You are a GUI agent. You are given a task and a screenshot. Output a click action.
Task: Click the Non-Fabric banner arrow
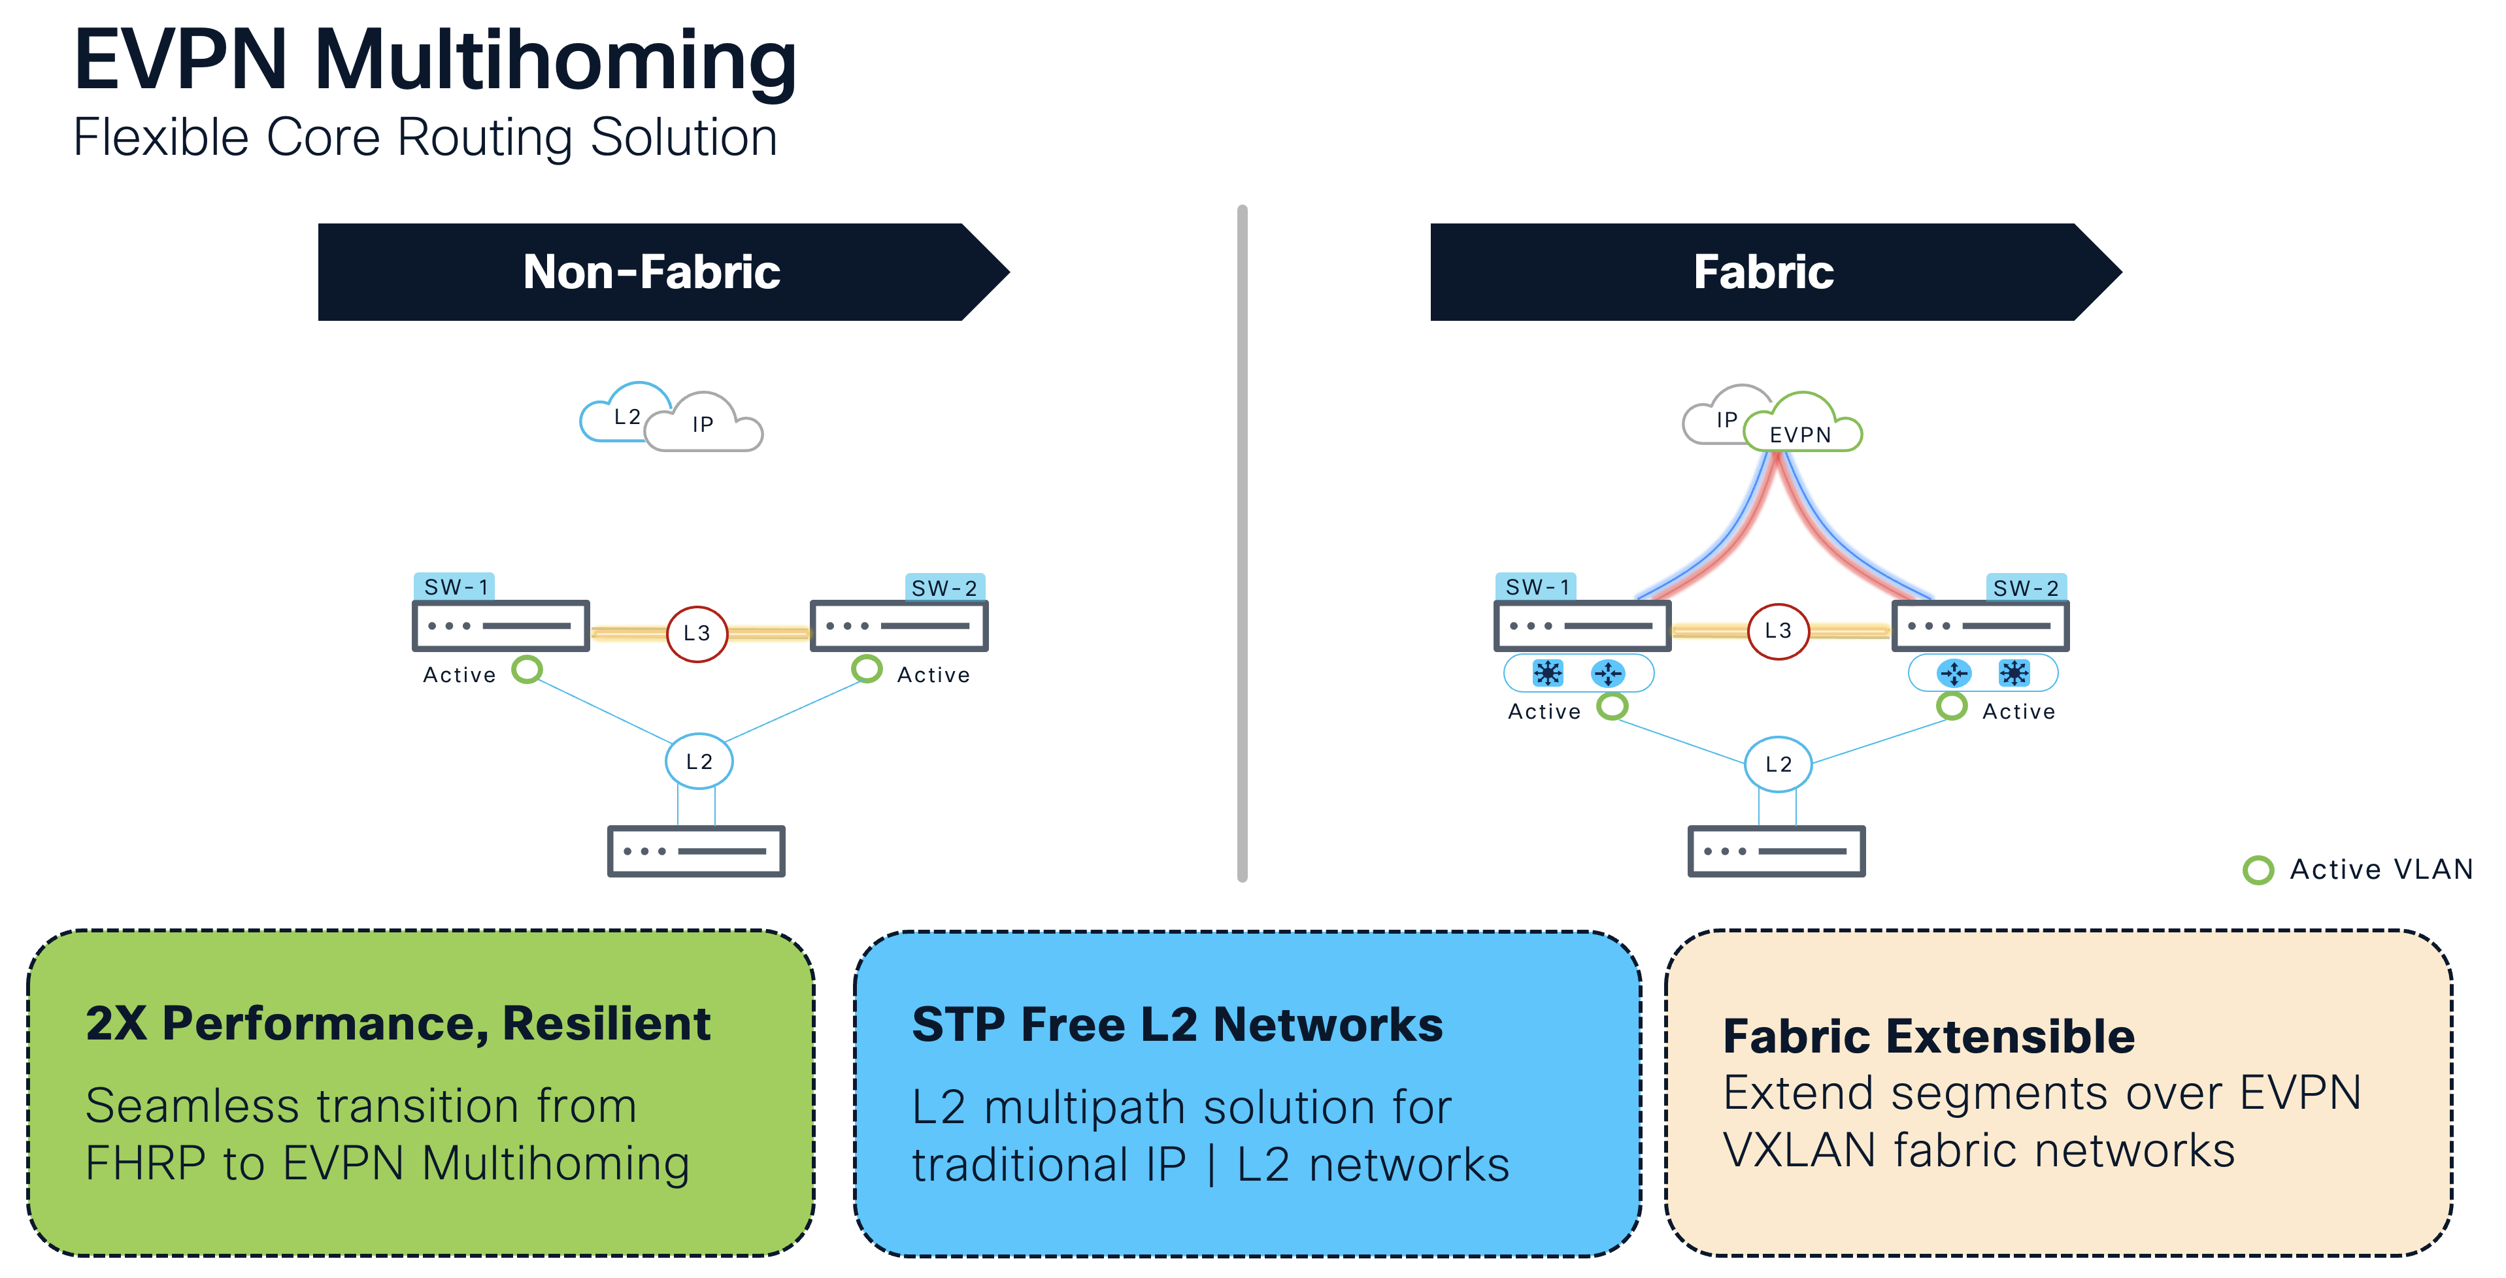(x=661, y=272)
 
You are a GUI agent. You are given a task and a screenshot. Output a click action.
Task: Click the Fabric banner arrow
(x=1771, y=272)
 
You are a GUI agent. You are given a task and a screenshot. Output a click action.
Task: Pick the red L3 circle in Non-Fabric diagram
(x=697, y=633)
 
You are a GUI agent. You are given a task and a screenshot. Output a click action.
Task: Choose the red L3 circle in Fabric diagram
(x=1777, y=631)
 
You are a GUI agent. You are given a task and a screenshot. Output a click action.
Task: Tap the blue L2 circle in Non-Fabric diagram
(x=699, y=762)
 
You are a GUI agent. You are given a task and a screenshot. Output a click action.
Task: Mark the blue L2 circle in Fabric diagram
(x=1777, y=764)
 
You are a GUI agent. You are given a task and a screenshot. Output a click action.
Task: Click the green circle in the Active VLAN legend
(x=2258, y=870)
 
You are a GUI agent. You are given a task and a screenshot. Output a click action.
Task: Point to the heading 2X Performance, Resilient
(x=398, y=1023)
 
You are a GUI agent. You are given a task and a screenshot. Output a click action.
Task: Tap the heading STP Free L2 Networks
(x=1177, y=1024)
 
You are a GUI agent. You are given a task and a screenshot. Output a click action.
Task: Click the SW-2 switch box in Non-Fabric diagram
(x=899, y=625)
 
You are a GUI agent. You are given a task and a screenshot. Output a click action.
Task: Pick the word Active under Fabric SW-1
(x=1544, y=712)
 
